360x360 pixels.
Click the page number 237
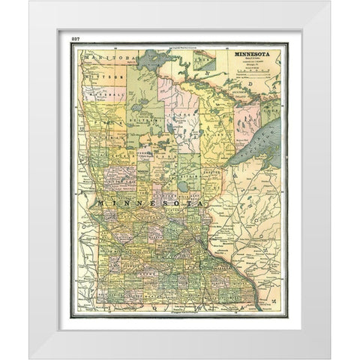[x=74, y=37]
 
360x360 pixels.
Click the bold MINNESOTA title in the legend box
[x=255, y=55]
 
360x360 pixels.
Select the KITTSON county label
[x=98, y=76]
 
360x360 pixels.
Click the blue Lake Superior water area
[x=259, y=146]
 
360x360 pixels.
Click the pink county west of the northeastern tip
[x=247, y=120]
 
